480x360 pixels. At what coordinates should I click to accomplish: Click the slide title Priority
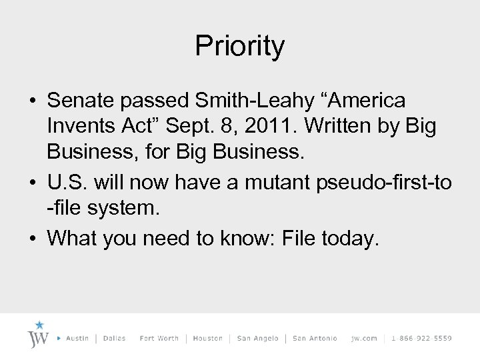[x=240, y=46]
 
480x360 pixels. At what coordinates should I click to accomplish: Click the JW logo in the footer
[x=39, y=335]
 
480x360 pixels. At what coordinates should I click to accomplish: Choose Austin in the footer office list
[x=77, y=339]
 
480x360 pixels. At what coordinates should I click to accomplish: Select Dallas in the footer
[x=115, y=339]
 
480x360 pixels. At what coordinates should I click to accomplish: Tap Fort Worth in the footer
[x=159, y=339]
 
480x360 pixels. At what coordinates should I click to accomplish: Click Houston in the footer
[x=207, y=339]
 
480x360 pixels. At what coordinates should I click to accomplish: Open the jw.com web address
[x=364, y=339]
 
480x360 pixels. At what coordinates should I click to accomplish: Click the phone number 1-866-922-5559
[x=422, y=339]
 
